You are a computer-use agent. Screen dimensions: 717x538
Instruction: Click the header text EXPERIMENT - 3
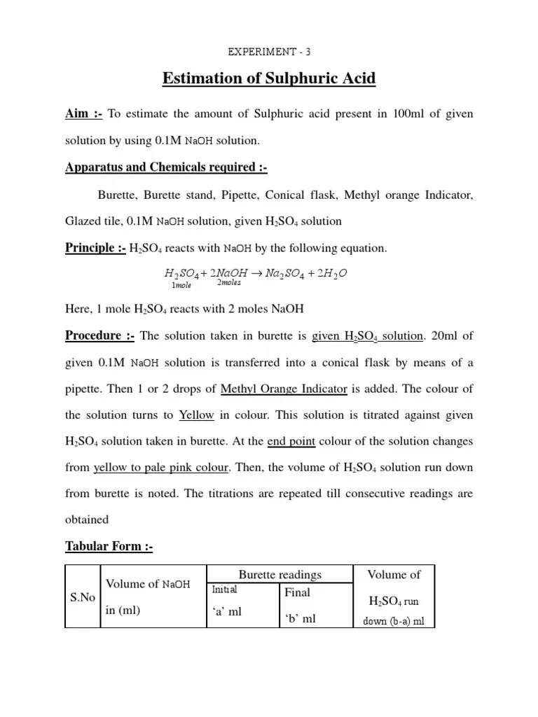pyautogui.click(x=269, y=51)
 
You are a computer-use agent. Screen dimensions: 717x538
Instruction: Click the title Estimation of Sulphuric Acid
pyautogui.click(x=269, y=78)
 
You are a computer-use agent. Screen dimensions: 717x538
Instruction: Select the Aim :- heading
pyautogui.click(x=84, y=114)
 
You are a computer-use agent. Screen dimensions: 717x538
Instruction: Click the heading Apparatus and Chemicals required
pyautogui.click(x=166, y=167)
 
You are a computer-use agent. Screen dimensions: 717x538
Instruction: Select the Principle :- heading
pyautogui.click(x=95, y=248)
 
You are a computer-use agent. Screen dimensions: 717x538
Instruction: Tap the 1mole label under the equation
pyautogui.click(x=181, y=284)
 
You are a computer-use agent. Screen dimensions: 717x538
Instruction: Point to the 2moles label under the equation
pyautogui.click(x=228, y=282)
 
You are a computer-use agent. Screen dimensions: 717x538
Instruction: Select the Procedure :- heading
pyautogui.click(x=99, y=335)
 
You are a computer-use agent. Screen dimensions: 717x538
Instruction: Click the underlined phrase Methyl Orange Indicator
pyautogui.click(x=284, y=389)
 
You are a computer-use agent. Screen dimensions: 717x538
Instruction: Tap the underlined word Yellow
pyautogui.click(x=197, y=415)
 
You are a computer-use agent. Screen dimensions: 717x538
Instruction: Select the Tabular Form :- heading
pyautogui.click(x=109, y=547)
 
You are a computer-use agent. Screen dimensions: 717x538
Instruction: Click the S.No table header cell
pyautogui.click(x=81, y=597)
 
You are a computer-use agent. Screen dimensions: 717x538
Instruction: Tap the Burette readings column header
pyautogui.click(x=280, y=574)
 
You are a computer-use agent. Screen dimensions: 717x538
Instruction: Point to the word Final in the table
pyautogui.click(x=297, y=592)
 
